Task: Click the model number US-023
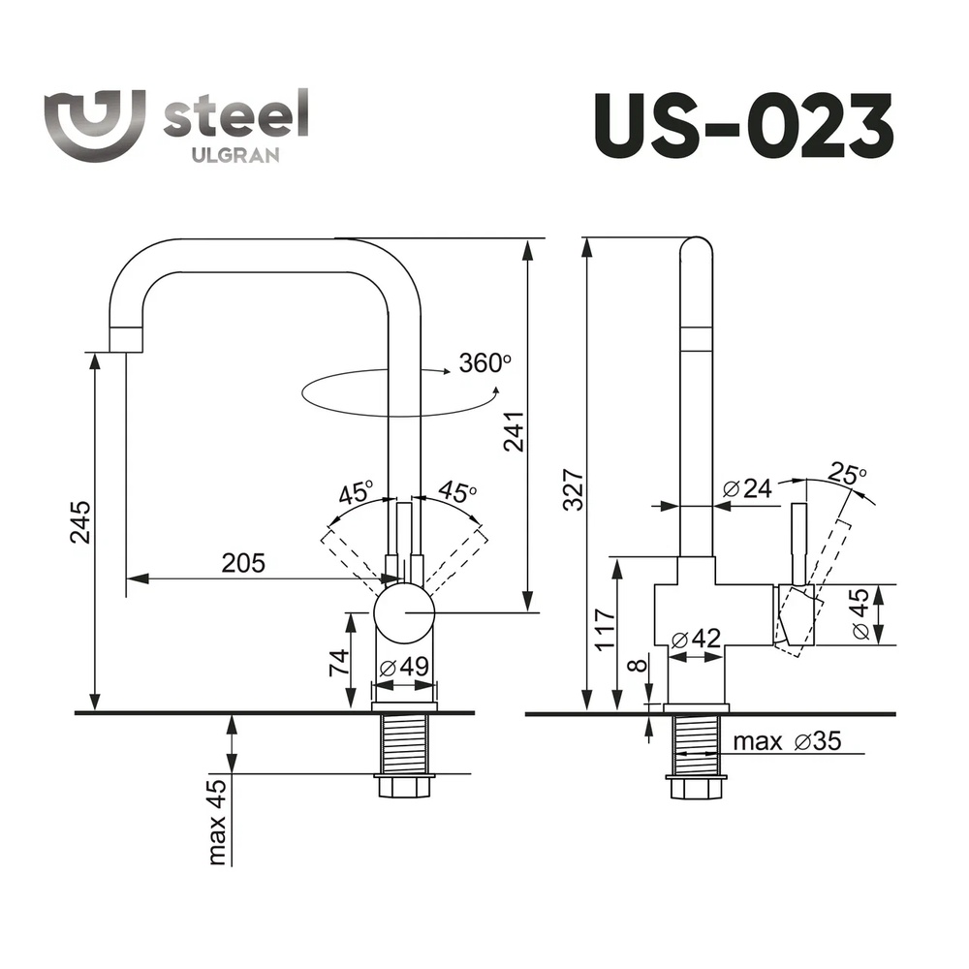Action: click(743, 126)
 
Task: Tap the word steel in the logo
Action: click(235, 114)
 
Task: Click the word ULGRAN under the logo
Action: click(235, 155)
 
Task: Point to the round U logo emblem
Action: click(95, 125)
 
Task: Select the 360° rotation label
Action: click(485, 362)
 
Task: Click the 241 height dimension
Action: click(514, 431)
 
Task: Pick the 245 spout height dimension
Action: click(80, 522)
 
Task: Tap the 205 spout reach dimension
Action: click(243, 563)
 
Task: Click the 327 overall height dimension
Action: click(574, 489)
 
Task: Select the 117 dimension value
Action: click(605, 630)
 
